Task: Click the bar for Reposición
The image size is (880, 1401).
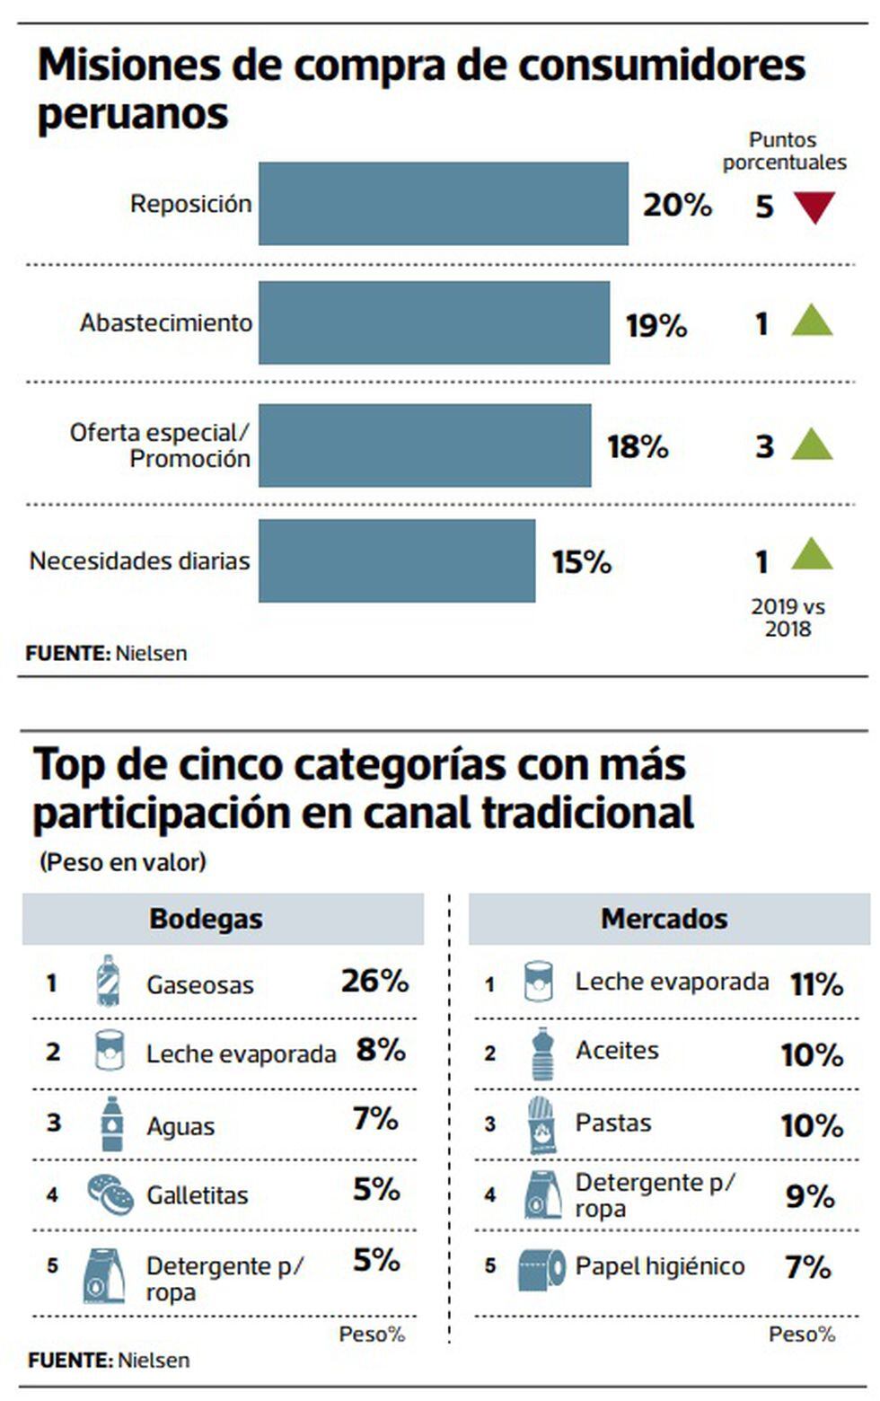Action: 443,204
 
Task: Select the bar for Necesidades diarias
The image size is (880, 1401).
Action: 396,561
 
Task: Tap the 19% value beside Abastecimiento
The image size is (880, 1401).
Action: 656,325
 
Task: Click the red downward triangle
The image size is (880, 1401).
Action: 814,207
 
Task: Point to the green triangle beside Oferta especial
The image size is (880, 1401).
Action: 812,445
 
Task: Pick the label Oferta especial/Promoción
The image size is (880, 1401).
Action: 161,445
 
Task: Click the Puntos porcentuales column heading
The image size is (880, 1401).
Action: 784,151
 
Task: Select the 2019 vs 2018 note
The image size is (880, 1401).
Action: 788,618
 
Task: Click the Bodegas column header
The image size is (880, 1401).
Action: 206,919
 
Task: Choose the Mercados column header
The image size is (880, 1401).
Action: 664,919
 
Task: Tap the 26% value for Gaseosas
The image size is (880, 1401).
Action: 374,981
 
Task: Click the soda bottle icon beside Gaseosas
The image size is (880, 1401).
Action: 108,982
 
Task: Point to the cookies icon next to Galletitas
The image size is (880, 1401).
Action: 110,1194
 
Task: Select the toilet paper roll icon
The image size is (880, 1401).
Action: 541,1268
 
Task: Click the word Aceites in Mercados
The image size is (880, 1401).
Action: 617,1051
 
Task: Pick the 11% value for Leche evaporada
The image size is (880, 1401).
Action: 816,984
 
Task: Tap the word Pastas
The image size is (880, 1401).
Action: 613,1123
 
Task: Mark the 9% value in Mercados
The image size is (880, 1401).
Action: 810,1196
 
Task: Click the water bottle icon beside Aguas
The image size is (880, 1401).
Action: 111,1124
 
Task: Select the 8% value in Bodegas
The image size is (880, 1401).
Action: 381,1050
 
